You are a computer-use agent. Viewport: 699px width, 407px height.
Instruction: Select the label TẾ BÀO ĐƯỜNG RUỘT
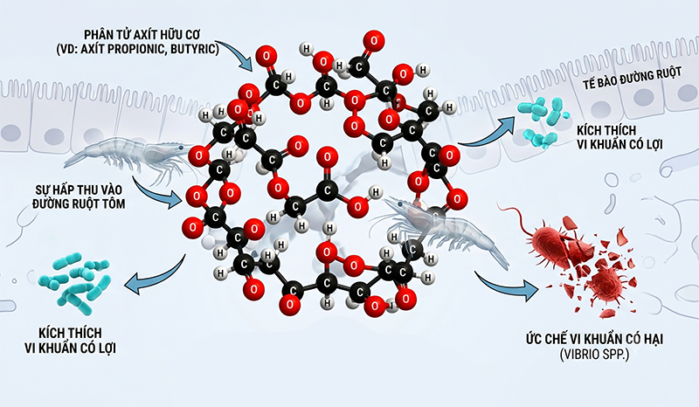pos(632,79)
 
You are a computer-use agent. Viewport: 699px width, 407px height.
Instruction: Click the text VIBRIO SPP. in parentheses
pos(594,355)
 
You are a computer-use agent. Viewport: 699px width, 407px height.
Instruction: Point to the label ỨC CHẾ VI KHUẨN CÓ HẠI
pos(594,339)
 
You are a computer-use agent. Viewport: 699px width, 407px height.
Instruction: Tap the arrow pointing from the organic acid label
pos(235,54)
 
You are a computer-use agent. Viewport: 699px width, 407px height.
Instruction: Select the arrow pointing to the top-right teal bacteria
pos(484,133)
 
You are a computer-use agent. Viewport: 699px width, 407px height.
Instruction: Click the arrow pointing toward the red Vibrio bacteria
pos(505,286)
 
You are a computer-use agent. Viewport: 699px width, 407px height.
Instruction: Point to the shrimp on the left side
pos(129,158)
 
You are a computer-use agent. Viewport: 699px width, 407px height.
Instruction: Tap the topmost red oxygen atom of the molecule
pos(374,40)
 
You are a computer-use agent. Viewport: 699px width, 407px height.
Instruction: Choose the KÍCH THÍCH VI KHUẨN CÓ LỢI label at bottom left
pos(71,340)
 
